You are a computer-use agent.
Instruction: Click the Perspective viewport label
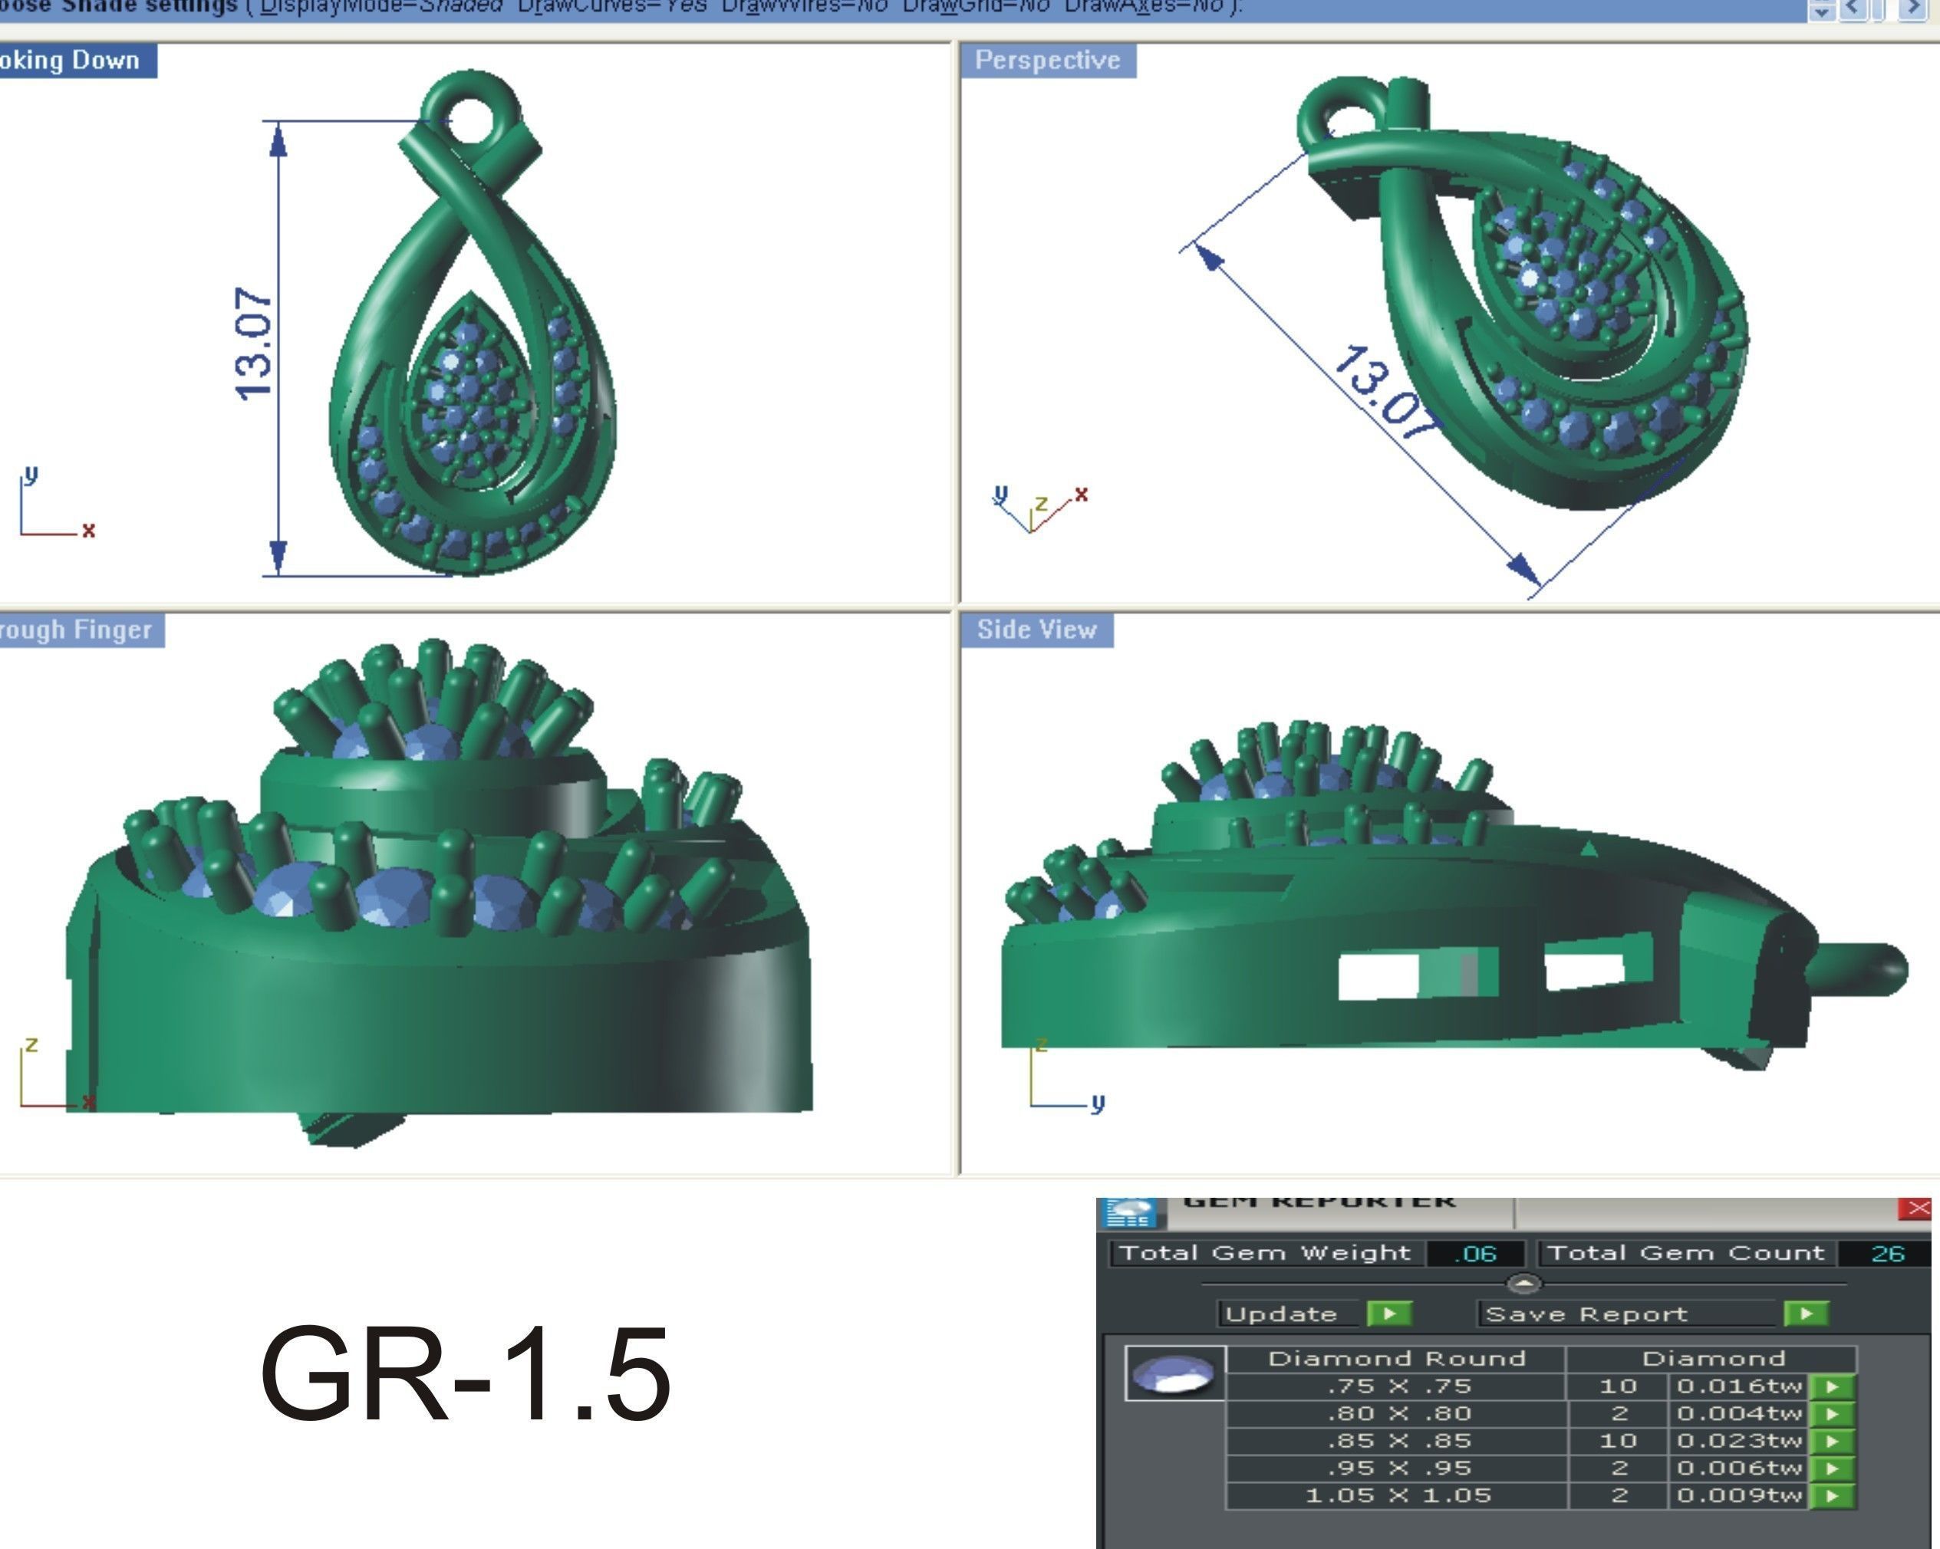coord(1047,61)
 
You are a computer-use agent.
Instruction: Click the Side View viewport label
coord(1036,630)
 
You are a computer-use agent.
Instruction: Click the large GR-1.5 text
coord(465,1373)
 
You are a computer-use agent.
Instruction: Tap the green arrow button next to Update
coord(1388,1314)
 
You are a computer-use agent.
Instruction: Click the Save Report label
coord(1586,1314)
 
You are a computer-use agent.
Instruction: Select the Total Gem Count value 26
coord(1887,1253)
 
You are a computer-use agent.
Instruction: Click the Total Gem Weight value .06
coord(1475,1253)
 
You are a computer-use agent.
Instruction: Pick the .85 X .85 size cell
coord(1398,1441)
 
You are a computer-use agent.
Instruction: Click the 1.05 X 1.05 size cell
coord(1398,1495)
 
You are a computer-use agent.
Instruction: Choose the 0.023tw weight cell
coord(1738,1441)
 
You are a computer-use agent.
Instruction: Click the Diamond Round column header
coord(1397,1358)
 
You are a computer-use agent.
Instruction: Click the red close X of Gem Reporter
coord(1918,1208)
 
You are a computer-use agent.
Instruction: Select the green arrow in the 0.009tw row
coord(1833,1496)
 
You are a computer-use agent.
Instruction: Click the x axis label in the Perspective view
coord(1082,494)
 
